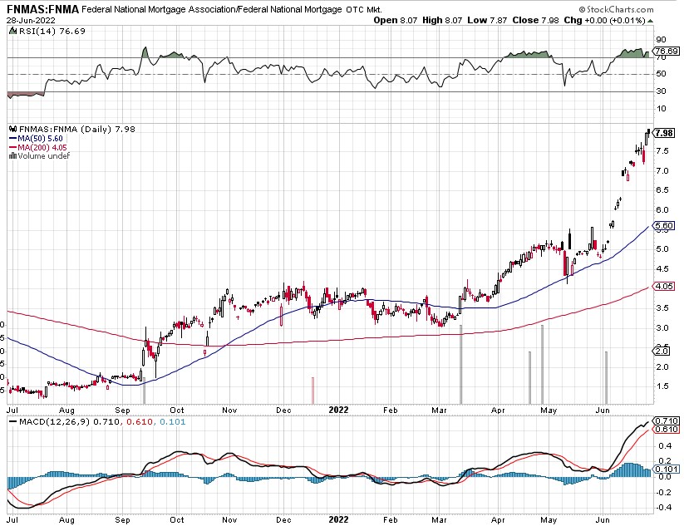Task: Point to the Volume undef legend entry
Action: coord(42,155)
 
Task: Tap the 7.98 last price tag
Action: coord(664,133)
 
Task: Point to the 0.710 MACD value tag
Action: coord(665,422)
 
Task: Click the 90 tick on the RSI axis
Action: coord(661,39)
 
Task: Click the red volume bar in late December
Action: coord(313,389)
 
